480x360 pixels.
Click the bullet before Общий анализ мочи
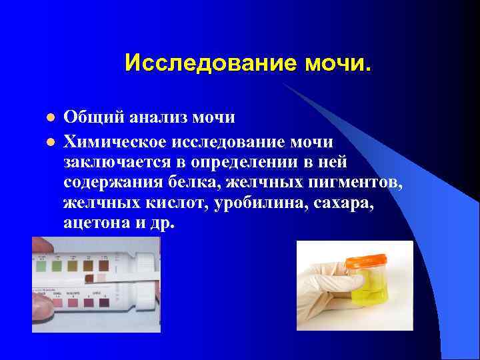pyautogui.click(x=49, y=118)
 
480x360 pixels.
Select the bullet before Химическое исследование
pyautogui.click(x=49, y=142)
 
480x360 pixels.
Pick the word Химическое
pyautogui.click(x=117, y=142)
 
